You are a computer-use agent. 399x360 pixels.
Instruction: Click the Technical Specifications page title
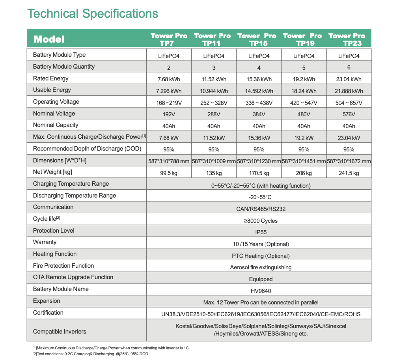point(93,14)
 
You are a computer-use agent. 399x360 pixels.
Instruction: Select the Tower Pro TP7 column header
point(169,39)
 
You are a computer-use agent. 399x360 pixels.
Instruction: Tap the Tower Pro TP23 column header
point(347,39)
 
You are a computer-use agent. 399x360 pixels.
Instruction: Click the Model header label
point(49,39)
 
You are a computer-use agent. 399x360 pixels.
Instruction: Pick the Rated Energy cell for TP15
point(259,79)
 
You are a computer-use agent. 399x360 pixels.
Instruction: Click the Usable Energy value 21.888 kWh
point(349,91)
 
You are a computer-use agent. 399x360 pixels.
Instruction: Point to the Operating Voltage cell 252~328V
point(214,103)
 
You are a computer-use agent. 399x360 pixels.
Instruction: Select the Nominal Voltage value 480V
point(304,114)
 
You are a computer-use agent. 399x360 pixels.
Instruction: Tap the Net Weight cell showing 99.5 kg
point(169,173)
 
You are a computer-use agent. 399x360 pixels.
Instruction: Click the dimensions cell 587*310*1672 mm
point(349,161)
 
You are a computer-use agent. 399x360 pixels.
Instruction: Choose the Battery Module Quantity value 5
point(304,68)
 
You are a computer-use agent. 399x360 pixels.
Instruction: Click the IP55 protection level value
point(261,232)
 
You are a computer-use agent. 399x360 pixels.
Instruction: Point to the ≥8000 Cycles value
point(261,221)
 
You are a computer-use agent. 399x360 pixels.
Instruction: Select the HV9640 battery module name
point(261,291)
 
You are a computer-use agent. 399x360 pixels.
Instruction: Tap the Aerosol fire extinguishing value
point(261,267)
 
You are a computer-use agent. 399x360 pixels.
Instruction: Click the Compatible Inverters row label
point(60,332)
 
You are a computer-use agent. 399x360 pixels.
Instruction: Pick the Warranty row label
point(45,242)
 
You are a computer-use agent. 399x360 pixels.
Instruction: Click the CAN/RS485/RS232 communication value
point(261,209)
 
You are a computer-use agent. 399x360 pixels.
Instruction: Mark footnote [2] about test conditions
point(90,354)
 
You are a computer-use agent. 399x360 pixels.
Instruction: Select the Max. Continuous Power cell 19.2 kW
point(304,138)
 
